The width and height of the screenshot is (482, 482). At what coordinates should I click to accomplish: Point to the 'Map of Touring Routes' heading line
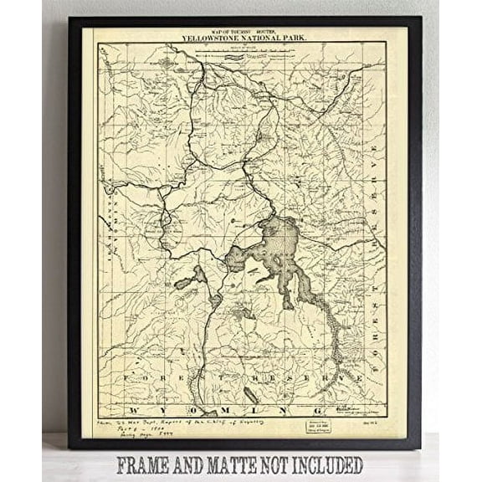click(x=242, y=31)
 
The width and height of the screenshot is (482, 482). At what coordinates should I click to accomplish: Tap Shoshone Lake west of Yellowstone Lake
click(x=190, y=279)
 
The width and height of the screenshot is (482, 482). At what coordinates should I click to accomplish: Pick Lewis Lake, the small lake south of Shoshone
click(x=215, y=299)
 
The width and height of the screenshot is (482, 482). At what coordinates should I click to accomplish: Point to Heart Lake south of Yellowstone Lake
click(x=244, y=314)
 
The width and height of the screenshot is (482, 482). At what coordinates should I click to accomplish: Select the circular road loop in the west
click(x=156, y=223)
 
